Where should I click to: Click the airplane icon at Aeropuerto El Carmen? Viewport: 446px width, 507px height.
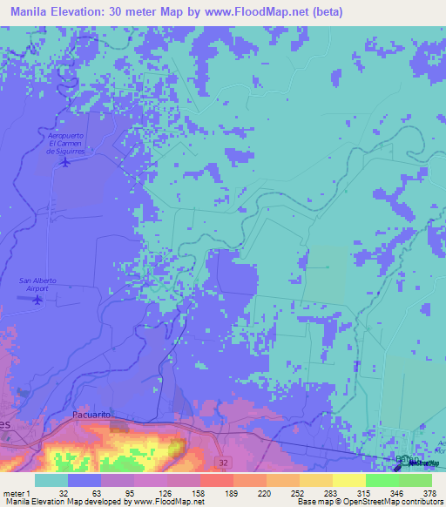coord(64,161)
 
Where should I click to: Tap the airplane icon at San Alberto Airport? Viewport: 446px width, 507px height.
coord(37,301)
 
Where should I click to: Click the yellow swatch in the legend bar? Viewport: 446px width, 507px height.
coord(348,480)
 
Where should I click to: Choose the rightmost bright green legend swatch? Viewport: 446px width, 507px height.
coord(415,480)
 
